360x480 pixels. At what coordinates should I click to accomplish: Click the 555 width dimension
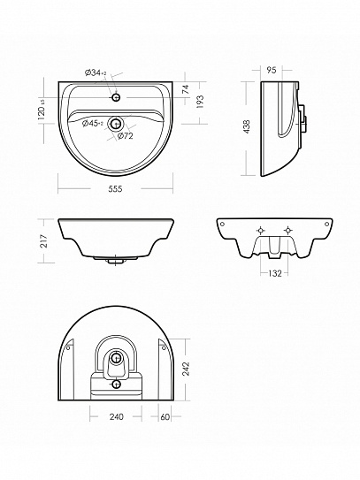pos(115,189)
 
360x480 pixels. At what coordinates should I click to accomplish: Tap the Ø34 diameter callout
pos(96,72)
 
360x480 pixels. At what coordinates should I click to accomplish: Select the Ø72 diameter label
pos(126,135)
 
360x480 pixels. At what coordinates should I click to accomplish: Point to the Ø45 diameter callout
pos(93,124)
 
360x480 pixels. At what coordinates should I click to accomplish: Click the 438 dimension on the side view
pos(246,126)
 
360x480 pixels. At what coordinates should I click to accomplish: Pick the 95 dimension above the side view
pos(272,70)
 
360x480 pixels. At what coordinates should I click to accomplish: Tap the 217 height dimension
pos(44,241)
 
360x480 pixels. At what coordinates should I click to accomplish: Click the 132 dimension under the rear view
pos(274,273)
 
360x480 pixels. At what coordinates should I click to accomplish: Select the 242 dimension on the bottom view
pos(186,369)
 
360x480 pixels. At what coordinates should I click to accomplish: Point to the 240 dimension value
pos(117,416)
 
